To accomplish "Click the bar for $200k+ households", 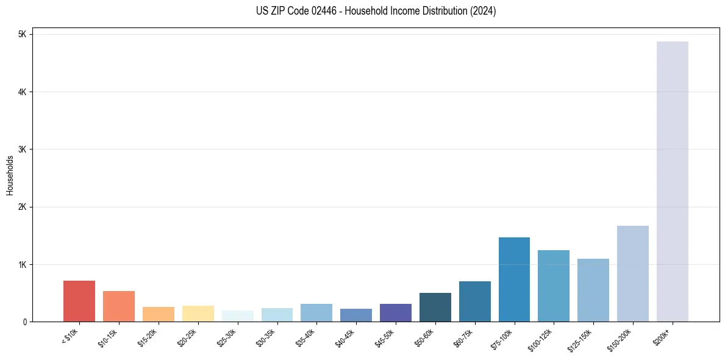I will pos(672,181).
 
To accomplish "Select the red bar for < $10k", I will pos(79,301).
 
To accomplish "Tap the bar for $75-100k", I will pos(514,279).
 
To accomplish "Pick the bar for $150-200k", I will pos(632,273).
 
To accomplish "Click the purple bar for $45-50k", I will pos(395,312).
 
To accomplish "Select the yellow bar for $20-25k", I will pos(198,314).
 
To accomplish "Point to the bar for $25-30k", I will pos(237,316).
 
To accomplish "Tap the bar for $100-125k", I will pos(554,286).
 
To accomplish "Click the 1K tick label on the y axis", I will pos(23,264).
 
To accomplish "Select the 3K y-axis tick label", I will pos(23,149).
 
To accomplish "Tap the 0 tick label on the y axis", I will pos(24,322).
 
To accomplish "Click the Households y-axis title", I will pos(10,175).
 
